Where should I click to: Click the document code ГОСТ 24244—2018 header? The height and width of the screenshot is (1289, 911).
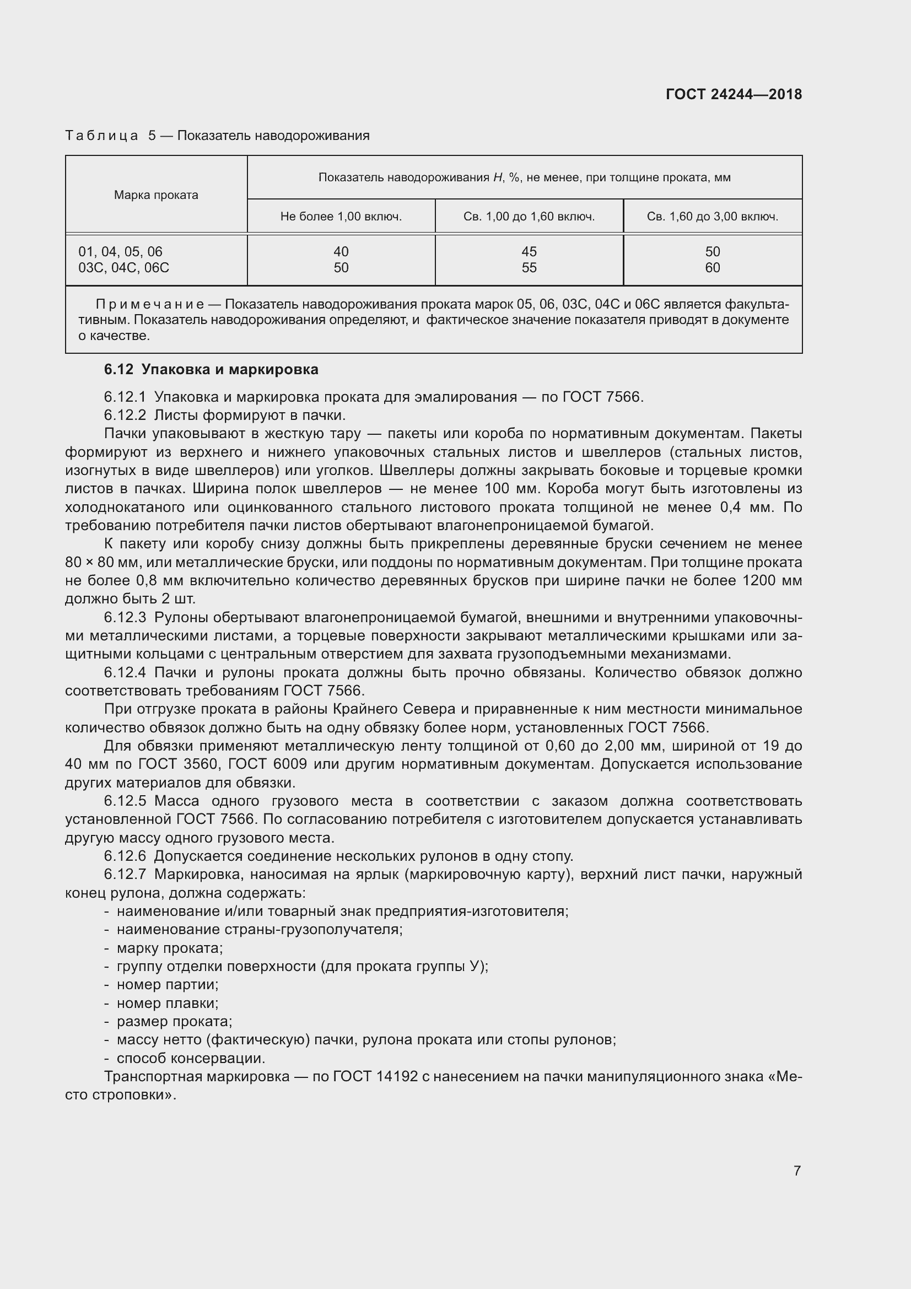tap(733, 94)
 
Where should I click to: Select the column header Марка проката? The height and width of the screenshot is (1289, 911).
tap(156, 195)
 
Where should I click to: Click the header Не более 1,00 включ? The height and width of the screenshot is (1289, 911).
tap(341, 217)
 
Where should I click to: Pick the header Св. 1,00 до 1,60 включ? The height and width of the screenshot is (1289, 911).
tap(529, 217)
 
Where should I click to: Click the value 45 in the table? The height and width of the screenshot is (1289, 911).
tap(529, 251)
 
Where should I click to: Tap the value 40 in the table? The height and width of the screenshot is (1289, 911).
tap(341, 251)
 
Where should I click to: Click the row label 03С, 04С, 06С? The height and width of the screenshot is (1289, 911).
tap(123, 268)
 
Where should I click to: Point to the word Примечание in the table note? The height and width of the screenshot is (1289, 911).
tap(150, 304)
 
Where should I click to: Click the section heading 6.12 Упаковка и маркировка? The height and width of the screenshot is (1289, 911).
tap(211, 369)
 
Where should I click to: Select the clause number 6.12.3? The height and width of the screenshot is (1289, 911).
tap(125, 618)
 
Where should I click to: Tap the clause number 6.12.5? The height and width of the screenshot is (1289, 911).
tap(125, 801)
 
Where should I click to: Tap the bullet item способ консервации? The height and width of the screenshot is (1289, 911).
tap(190, 1058)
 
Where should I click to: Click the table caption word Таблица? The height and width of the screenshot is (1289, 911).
tap(101, 136)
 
